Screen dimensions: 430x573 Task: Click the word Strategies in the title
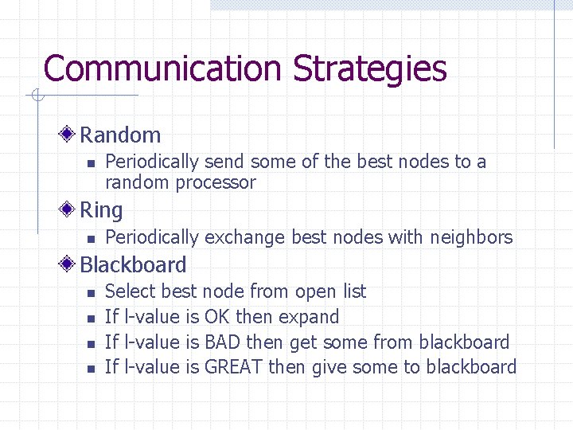click(x=369, y=68)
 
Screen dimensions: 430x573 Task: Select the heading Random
click(x=120, y=135)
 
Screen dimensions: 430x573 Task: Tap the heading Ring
click(x=101, y=210)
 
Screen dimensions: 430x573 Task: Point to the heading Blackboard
click(x=133, y=264)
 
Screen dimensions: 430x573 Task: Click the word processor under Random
click(x=216, y=182)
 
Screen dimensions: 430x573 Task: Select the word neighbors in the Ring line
click(x=471, y=236)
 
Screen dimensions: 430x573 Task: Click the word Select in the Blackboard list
click(x=131, y=291)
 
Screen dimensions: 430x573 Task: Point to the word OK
click(x=217, y=317)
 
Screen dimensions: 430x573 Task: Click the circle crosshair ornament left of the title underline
click(x=37, y=96)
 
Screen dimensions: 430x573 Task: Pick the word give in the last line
click(x=329, y=367)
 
